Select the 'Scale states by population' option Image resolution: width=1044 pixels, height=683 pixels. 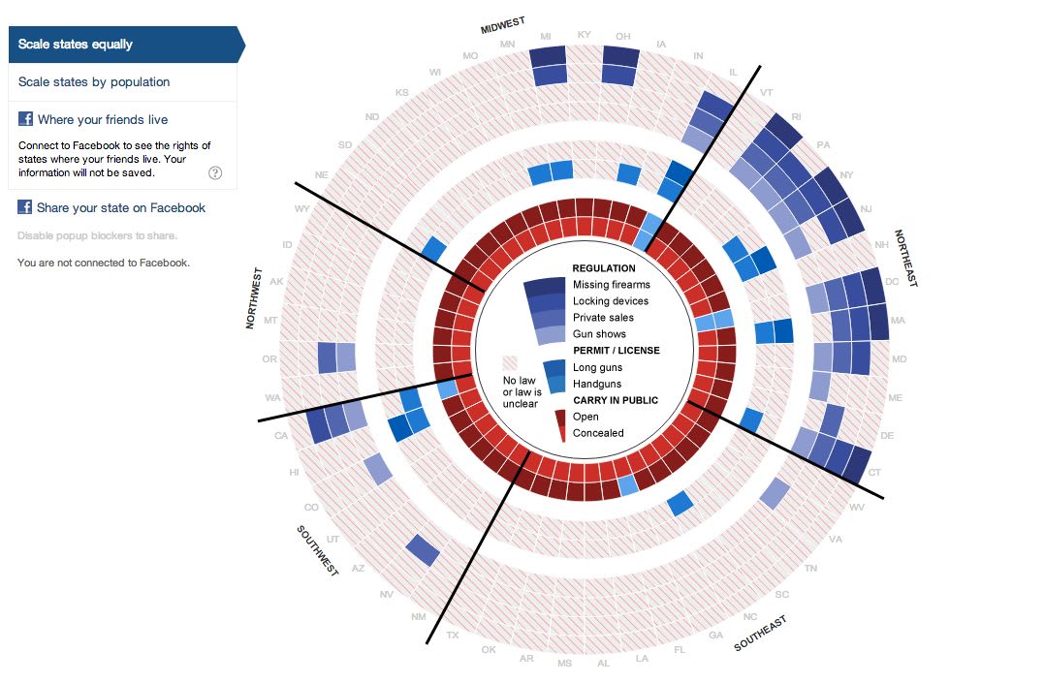tap(94, 82)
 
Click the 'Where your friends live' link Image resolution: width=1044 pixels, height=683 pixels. tap(103, 120)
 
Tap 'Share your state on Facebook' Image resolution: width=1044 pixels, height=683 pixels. tap(121, 207)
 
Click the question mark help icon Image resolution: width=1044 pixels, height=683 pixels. tap(215, 173)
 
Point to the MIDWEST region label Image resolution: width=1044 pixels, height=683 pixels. tap(505, 23)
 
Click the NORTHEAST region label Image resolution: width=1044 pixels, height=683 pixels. tap(904, 259)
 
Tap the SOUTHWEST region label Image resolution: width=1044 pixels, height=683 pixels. tap(317, 551)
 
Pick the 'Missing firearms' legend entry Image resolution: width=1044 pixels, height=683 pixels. tap(611, 285)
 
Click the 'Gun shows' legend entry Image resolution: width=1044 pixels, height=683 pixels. tap(599, 334)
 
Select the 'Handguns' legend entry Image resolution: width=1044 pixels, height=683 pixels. tap(597, 384)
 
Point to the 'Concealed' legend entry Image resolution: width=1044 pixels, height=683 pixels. tap(598, 433)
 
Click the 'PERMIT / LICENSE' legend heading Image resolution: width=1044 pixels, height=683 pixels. tap(616, 350)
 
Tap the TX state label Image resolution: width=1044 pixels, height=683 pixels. tap(453, 636)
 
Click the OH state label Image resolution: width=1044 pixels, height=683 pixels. tap(622, 37)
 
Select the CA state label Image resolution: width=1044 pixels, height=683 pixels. tap(282, 435)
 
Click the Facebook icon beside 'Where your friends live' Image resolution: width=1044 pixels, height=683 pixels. tap(25, 119)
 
